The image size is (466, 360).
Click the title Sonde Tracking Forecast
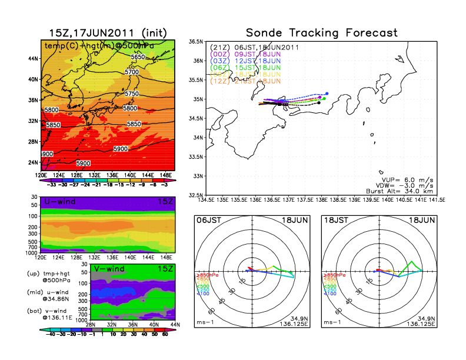tap(321, 32)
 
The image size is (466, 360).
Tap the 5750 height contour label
tap(131, 94)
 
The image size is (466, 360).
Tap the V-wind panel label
tap(109, 269)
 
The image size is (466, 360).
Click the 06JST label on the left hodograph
tap(208, 220)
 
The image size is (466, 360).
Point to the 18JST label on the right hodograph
tap(336, 220)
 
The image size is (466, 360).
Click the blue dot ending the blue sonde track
tap(327, 93)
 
